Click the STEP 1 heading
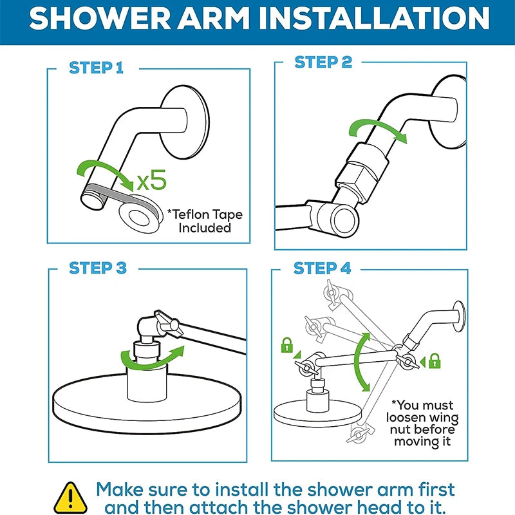click(96, 68)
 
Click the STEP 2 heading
click(323, 62)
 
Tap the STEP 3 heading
click(98, 268)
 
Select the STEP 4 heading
click(323, 268)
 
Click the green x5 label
click(151, 180)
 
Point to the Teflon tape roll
click(141, 214)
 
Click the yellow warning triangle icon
click(70, 497)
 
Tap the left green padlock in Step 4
click(286, 345)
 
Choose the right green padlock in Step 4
click(435, 360)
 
